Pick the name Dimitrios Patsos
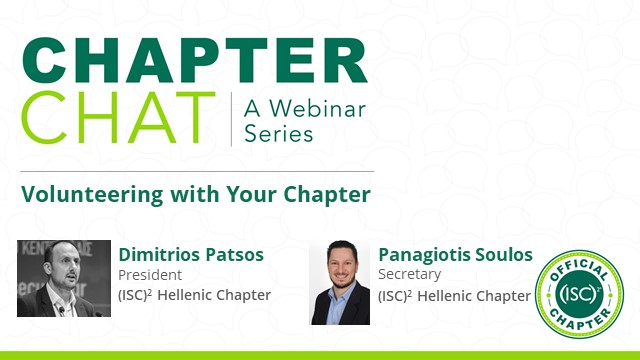pos(191,254)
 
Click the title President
pos(150,274)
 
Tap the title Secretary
pos(407,274)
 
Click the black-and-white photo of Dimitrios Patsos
pos(64,281)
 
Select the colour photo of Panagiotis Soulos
pos(340,282)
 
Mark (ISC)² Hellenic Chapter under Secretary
pos(454,295)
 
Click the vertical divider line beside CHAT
pos(231,119)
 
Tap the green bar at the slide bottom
pos(320,355)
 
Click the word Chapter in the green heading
pos(326,193)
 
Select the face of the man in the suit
pos(339,262)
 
